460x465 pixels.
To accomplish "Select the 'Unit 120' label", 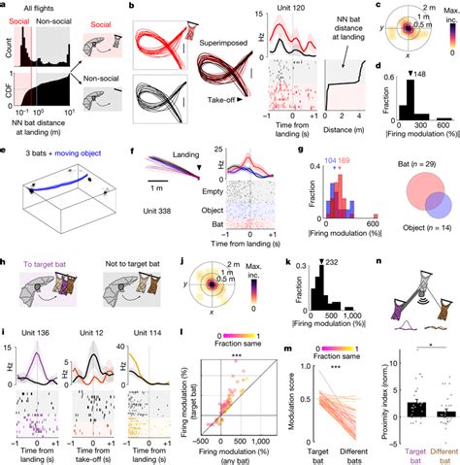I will click(287, 10).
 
